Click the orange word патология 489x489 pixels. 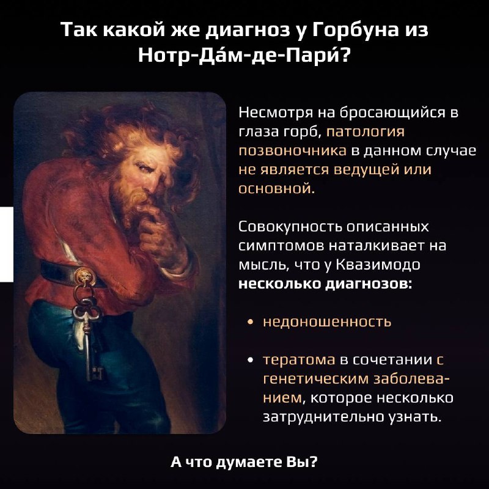pyautogui.click(x=365, y=132)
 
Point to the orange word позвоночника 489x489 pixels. pyautogui.click(x=293, y=150)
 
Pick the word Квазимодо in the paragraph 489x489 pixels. pyautogui.click(x=378, y=265)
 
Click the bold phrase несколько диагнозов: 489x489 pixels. pyautogui.click(x=325, y=284)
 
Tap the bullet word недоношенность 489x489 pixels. pyautogui.click(x=327, y=322)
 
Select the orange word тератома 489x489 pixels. pyautogui.click(x=299, y=360)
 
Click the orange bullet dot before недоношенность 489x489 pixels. pyautogui.click(x=250, y=322)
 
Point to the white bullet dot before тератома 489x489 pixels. pyautogui.click(x=250, y=360)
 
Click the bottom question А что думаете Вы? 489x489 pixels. pyautogui.click(x=244, y=462)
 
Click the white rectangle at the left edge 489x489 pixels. pyautogui.click(x=7, y=244)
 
